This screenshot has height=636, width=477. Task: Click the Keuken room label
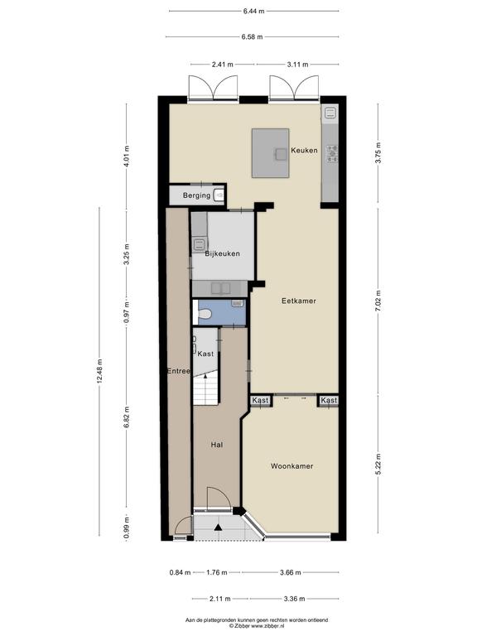point(304,150)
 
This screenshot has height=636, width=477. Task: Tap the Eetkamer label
point(298,301)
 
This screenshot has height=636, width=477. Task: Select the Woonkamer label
point(292,466)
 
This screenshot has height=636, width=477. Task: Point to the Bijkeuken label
point(222,254)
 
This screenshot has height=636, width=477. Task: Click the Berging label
point(197,195)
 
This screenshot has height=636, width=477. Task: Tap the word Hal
point(217,445)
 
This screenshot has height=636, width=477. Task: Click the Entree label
point(179,371)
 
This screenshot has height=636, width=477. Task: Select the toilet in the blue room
point(204,313)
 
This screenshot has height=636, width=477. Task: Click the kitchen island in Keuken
point(271,153)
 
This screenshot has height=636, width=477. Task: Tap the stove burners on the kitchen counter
point(332,154)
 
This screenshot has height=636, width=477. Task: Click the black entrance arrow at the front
point(219,528)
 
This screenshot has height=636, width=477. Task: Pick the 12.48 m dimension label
point(99,371)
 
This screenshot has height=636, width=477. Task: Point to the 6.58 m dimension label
point(253,37)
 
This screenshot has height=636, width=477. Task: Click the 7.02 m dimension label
point(378,301)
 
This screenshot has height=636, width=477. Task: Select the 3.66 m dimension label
point(291,573)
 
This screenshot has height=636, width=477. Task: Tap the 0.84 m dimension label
point(180,573)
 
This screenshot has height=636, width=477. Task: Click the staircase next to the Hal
point(206,388)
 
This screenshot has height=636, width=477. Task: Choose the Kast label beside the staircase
point(205,354)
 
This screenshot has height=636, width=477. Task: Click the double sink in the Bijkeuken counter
point(220,288)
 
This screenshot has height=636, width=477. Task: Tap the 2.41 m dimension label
point(223,64)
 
